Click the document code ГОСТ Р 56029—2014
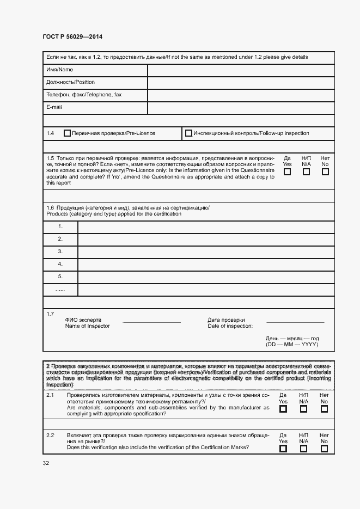click(x=72, y=36)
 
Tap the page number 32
click(x=46, y=463)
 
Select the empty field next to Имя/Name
click(x=241, y=70)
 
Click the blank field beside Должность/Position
click(x=241, y=83)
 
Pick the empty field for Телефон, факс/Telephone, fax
click(x=241, y=95)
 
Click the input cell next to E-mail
click(x=241, y=108)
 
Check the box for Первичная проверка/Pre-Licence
click(x=68, y=133)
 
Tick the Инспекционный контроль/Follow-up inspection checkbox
click(x=188, y=133)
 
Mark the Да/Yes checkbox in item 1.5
click(x=287, y=172)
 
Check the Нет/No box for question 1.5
click(x=325, y=172)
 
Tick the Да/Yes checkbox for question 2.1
click(x=283, y=409)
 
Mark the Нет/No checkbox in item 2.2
click(x=325, y=449)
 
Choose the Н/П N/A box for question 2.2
click(x=304, y=449)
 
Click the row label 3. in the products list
click(x=60, y=252)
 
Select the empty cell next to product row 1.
click(x=206, y=226)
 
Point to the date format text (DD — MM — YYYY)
click(x=291, y=345)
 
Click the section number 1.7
click(x=51, y=314)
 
